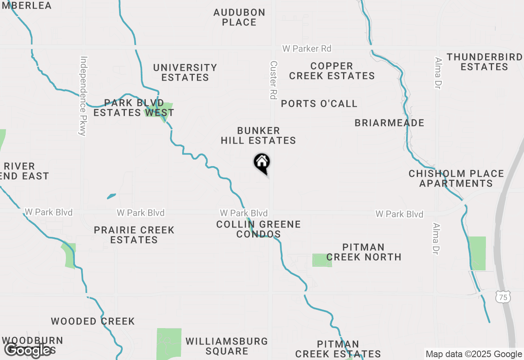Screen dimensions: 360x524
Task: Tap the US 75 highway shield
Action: pyautogui.click(x=503, y=297)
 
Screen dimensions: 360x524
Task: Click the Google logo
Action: pyautogui.click(x=28, y=350)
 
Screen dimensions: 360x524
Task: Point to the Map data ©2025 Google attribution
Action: pyautogui.click(x=474, y=354)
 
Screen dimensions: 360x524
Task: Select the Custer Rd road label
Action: pyautogui.click(x=273, y=80)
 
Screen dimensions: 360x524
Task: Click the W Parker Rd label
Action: pyautogui.click(x=307, y=49)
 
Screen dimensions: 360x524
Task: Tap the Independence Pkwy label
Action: pyautogui.click(x=84, y=96)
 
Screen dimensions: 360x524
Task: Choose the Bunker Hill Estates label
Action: pyautogui.click(x=258, y=135)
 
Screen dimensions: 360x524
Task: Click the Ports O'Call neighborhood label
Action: pyautogui.click(x=319, y=103)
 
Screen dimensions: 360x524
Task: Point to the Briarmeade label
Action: pyautogui.click(x=389, y=123)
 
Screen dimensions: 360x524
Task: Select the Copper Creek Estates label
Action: pyautogui.click(x=332, y=71)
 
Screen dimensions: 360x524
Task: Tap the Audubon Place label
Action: pyautogui.click(x=239, y=17)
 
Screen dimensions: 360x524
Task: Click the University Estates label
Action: pyautogui.click(x=185, y=72)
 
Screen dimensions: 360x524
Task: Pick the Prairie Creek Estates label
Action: pyautogui.click(x=134, y=235)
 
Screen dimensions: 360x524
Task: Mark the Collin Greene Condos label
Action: pyautogui.click(x=258, y=229)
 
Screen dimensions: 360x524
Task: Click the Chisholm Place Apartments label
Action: pyautogui.click(x=456, y=178)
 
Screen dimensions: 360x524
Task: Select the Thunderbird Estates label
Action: pyautogui.click(x=485, y=62)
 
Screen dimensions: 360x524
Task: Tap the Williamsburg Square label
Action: pyautogui.click(x=227, y=346)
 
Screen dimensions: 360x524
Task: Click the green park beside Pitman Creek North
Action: pyautogui.click(x=322, y=260)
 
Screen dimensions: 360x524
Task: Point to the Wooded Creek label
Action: pyautogui.click(x=93, y=321)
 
